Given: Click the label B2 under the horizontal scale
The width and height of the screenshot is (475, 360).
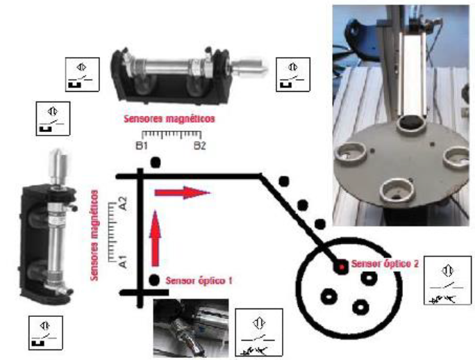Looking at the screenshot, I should coord(199,147).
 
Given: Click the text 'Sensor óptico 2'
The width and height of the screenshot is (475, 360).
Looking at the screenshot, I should coord(384,264).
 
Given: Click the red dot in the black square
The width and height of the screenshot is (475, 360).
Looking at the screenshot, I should coord(342,265).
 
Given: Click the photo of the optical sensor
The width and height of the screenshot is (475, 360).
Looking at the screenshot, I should coord(191,327).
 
